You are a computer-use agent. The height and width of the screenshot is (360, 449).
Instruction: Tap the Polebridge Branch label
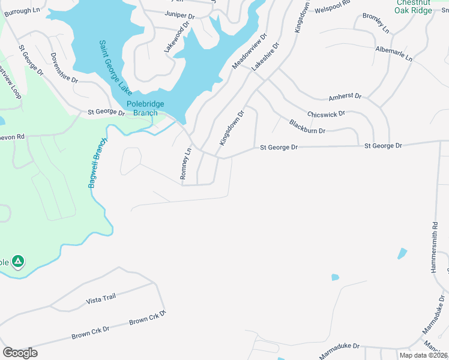[x=142, y=108]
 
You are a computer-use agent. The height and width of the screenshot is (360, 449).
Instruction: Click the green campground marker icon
[x=18, y=261]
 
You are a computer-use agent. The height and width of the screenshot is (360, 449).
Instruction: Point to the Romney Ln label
[x=185, y=165]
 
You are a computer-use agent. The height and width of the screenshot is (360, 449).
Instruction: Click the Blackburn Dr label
[x=307, y=127]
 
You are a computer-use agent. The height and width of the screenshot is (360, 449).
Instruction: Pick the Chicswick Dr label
[x=326, y=114]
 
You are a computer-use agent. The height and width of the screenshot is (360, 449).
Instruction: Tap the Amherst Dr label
[x=345, y=97]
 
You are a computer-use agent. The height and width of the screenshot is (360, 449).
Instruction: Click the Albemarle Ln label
[x=394, y=54]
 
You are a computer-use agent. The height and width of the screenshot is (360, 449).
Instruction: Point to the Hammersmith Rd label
[x=435, y=247]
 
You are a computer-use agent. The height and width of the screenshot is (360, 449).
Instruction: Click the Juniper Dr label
[x=180, y=15]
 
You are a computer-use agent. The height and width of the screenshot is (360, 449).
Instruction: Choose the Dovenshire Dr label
[x=64, y=68]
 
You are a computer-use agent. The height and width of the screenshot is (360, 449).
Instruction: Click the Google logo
[x=20, y=352]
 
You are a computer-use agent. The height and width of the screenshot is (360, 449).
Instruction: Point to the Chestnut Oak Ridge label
[x=414, y=7]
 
